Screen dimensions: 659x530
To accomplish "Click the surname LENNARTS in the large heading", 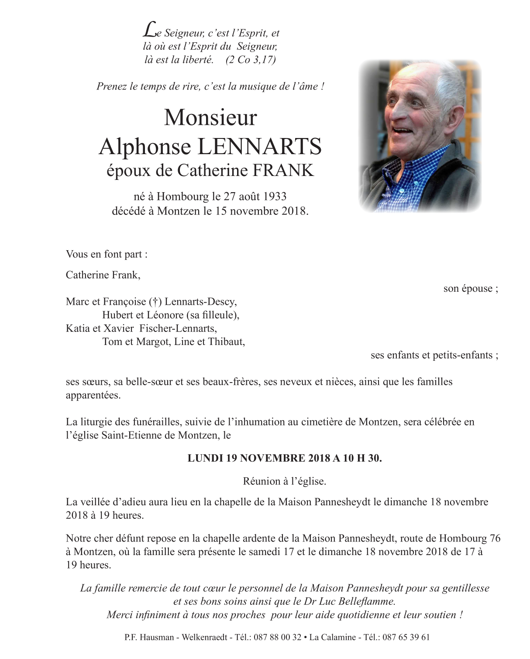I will pyautogui.click(x=260, y=147).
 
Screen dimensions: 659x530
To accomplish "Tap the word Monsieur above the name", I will pyautogui.click(x=210, y=117).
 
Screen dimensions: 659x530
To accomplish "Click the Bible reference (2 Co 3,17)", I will pyautogui.click(x=251, y=60).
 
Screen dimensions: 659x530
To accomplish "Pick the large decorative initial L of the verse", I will pyautogui.click(x=149, y=30).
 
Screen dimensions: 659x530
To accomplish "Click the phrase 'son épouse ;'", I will pyautogui.click(x=471, y=288).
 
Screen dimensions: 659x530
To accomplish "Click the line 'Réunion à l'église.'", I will pyautogui.click(x=285, y=481).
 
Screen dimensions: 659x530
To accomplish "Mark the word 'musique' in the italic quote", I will pyautogui.click(x=246, y=86).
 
